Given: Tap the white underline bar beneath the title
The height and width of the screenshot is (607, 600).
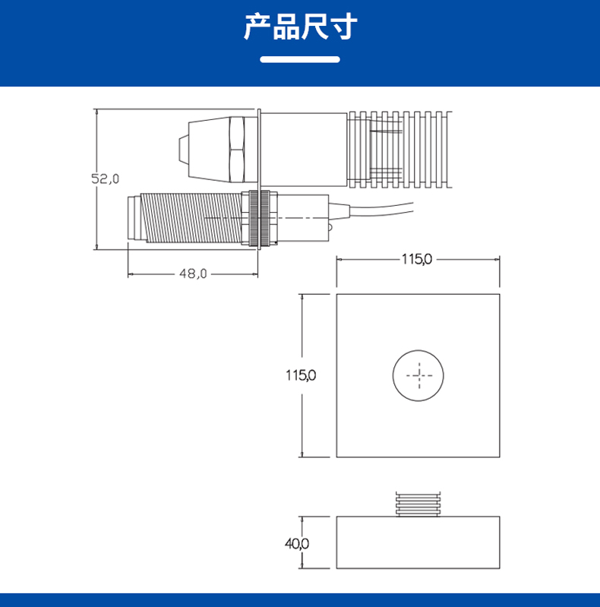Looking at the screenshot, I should coord(300,59).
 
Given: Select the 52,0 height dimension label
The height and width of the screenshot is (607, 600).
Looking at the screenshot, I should coord(106,179).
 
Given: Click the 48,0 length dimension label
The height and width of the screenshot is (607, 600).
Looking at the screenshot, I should coord(193,273).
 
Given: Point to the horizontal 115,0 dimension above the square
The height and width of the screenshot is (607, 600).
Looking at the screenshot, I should coord(416,259).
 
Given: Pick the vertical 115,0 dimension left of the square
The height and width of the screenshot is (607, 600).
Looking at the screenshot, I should coord(300,375).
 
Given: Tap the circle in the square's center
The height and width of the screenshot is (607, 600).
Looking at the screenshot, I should coord(418,375).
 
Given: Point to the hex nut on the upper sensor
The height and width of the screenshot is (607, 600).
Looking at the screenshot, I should coord(235,147).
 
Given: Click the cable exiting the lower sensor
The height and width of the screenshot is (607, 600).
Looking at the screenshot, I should coord(380,207).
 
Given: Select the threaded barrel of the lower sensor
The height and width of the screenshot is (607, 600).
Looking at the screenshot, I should coord(190,218).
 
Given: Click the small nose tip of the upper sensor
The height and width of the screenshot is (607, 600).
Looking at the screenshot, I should coord(183,149).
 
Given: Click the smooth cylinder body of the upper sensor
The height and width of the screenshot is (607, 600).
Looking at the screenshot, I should coord(304,147).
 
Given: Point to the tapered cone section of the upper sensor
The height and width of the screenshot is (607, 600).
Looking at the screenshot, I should coord(205,147).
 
